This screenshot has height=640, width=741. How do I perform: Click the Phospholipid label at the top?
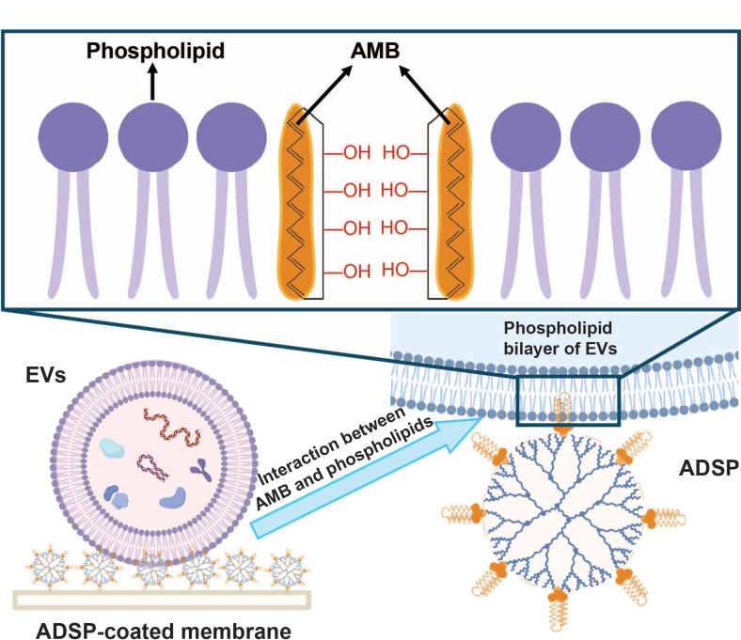(x=155, y=52)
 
